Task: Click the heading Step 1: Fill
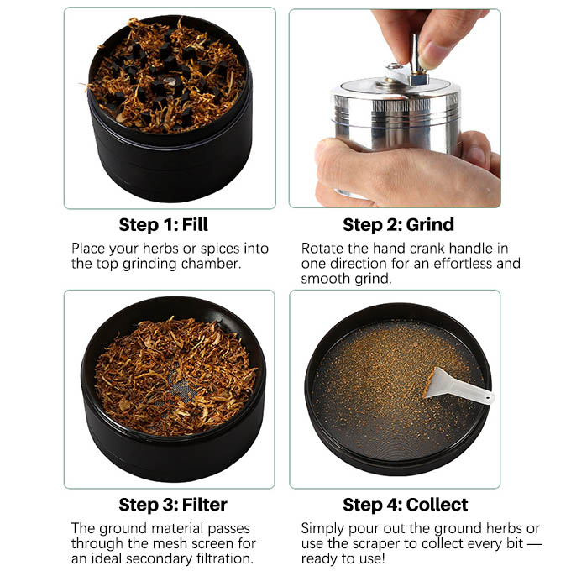pyautogui.click(x=163, y=225)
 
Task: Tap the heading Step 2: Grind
pyautogui.click(x=398, y=225)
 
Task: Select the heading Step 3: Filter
pyautogui.click(x=173, y=505)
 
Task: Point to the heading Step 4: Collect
pyautogui.click(x=406, y=505)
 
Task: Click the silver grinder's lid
pyautogui.click(x=395, y=92)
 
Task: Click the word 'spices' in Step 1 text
pyautogui.click(x=222, y=249)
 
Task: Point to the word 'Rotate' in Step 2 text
pyautogui.click(x=322, y=249)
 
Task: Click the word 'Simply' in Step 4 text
pyautogui.click(x=324, y=528)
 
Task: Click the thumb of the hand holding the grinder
pyautogui.click(x=353, y=156)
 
